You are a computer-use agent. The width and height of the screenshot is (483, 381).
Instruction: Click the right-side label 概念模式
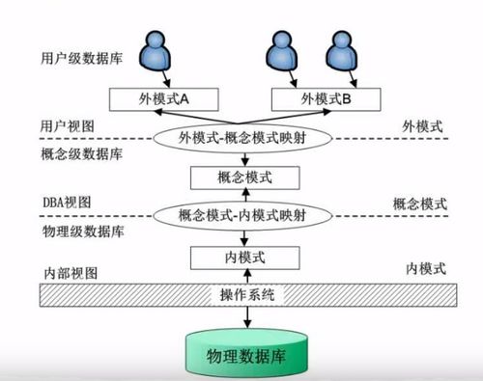(x=419, y=204)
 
